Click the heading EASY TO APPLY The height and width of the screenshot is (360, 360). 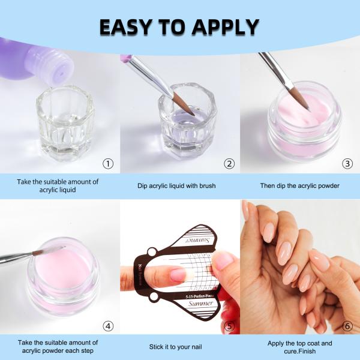coord(179,26)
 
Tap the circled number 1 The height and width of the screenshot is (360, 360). coord(108,163)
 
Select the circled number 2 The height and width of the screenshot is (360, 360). coord(229,163)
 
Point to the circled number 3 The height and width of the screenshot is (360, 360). coord(347,163)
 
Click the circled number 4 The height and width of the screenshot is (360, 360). coord(108,326)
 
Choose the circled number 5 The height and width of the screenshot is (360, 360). coord(229,326)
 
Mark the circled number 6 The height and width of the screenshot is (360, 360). coord(347,326)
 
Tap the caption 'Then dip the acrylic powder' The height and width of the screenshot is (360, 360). coord(299,185)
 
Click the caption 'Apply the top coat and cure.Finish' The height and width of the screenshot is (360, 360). coord(299,347)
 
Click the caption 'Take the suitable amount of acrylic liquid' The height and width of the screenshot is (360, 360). coord(58,185)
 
